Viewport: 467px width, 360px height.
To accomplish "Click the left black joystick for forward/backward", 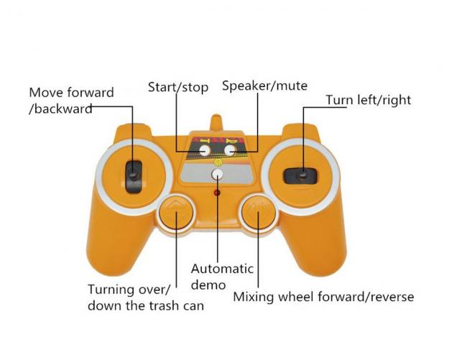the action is [x=134, y=177].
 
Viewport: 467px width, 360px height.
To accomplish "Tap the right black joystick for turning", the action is [x=300, y=175].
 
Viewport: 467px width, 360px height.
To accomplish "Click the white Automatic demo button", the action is [x=218, y=175].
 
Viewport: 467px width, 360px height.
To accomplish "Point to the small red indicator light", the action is [x=217, y=193].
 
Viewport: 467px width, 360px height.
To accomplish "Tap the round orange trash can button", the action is [x=176, y=211].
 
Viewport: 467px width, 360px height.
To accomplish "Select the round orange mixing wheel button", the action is [x=258, y=211].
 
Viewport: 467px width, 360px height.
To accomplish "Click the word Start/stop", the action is [x=178, y=87].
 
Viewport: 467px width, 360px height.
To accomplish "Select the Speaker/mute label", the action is [x=265, y=86].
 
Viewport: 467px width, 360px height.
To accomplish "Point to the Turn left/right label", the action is [x=369, y=100].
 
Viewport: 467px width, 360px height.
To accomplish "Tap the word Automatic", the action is [x=222, y=269].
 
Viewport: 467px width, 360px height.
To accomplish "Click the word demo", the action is [x=208, y=285].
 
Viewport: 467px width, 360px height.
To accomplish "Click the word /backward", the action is [x=60, y=109].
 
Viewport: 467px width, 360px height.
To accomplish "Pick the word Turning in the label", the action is [x=111, y=290].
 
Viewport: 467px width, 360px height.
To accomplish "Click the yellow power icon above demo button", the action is [x=218, y=162].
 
